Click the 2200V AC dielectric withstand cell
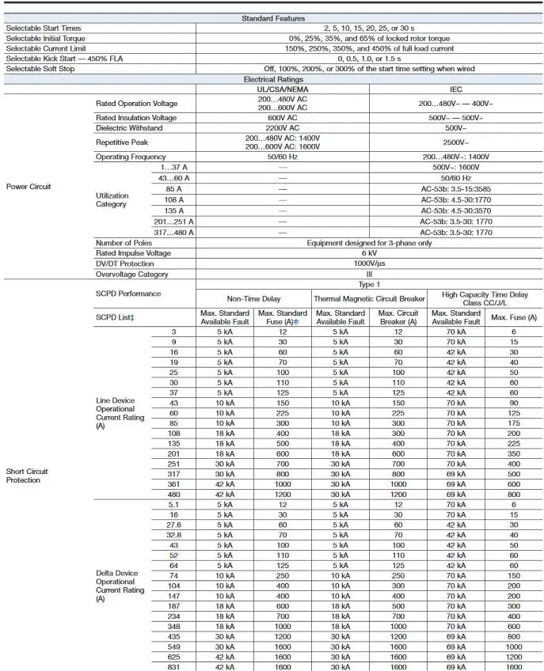[283, 128]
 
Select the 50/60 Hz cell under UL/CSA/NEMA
[283, 157]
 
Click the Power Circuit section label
[29, 187]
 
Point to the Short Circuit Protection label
[29, 476]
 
